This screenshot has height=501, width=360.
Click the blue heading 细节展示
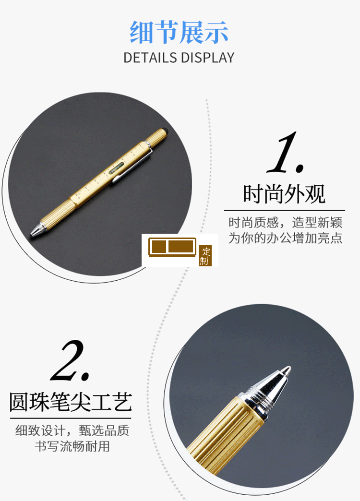(179, 32)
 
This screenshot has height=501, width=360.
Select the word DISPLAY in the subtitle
(207, 58)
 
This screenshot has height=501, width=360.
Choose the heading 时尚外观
(284, 194)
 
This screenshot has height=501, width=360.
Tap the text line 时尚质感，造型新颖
(285, 223)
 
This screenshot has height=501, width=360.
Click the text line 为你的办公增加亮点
(285, 238)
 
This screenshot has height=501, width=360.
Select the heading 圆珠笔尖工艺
(71, 402)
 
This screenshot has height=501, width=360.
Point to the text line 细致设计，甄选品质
(72, 430)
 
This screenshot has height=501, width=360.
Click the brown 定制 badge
(205, 256)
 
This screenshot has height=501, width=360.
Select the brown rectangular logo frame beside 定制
(172, 247)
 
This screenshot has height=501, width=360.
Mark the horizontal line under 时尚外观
(284, 210)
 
